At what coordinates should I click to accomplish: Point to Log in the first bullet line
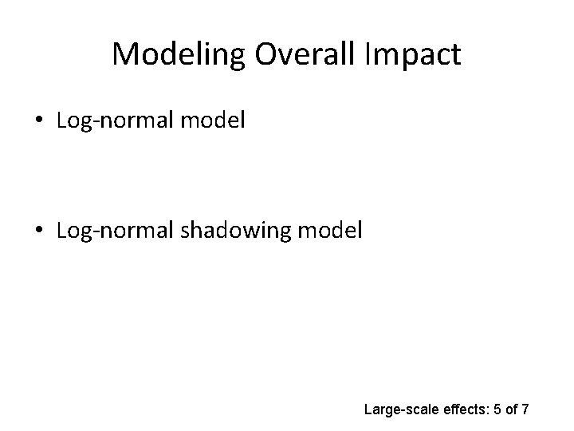71,122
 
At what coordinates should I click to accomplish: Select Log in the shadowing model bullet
71,232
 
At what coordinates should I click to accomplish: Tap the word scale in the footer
423,410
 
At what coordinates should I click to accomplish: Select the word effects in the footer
466,410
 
